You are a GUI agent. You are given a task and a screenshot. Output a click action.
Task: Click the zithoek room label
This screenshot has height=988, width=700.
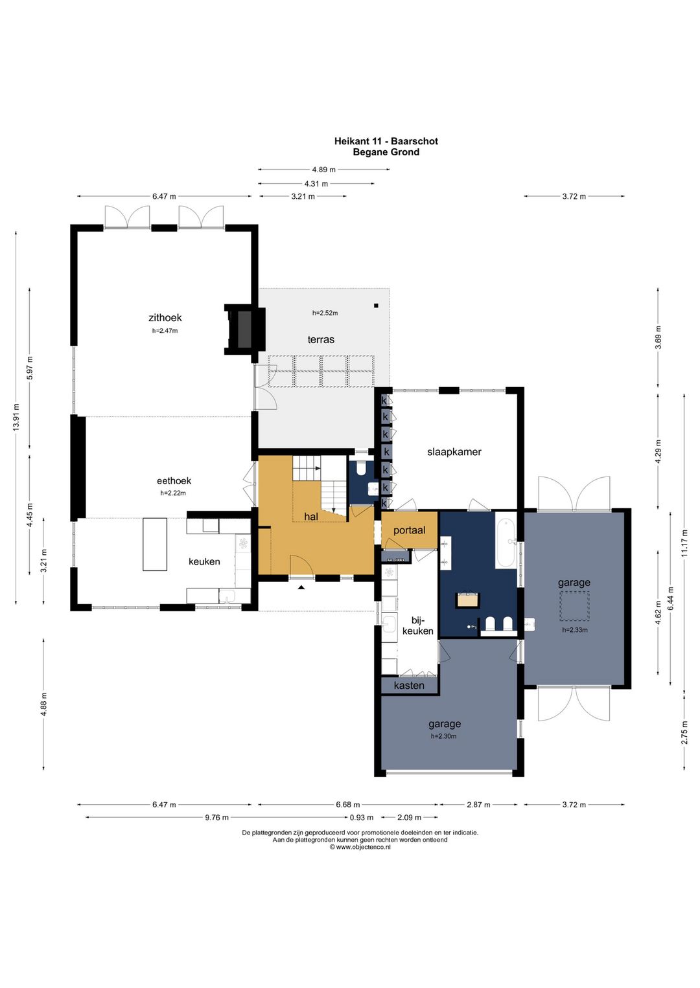point(165,317)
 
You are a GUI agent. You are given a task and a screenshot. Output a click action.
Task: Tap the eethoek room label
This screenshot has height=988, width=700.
point(174,481)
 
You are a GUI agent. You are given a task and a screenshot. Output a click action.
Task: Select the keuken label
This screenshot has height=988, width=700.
point(204,561)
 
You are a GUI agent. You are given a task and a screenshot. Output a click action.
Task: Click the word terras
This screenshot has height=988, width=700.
point(321,340)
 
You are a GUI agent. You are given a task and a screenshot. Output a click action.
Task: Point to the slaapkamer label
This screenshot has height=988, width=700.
point(454,452)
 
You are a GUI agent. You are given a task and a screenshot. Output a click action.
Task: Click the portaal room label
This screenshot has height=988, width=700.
point(410,530)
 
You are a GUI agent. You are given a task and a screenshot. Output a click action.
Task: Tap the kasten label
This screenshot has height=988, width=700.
point(409,686)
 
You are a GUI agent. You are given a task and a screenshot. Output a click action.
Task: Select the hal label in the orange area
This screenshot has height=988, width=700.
point(311,516)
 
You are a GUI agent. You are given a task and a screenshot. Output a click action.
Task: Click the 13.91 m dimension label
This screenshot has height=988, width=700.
point(16,417)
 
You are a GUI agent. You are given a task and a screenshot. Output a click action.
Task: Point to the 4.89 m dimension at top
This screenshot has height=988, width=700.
point(323,170)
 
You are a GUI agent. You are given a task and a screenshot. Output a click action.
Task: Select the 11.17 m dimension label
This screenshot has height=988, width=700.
point(684,543)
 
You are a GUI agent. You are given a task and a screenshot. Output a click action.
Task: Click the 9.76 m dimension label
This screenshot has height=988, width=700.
point(216,817)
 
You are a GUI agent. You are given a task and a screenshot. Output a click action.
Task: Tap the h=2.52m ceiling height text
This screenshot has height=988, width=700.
point(325,313)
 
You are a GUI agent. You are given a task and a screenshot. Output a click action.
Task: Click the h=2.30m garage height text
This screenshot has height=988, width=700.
point(444,736)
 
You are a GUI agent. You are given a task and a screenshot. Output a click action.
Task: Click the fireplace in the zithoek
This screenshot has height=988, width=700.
point(244,329)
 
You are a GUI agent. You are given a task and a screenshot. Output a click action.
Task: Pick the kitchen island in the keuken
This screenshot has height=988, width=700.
point(154,545)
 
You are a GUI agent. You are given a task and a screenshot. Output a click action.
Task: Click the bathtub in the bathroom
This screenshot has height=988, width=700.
point(506,539)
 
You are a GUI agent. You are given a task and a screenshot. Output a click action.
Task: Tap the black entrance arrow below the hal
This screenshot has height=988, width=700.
point(301,587)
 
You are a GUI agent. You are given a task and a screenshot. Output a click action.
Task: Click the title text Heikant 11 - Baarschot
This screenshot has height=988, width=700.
point(386,141)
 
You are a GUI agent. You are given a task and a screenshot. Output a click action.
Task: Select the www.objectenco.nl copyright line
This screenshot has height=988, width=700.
point(360,848)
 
